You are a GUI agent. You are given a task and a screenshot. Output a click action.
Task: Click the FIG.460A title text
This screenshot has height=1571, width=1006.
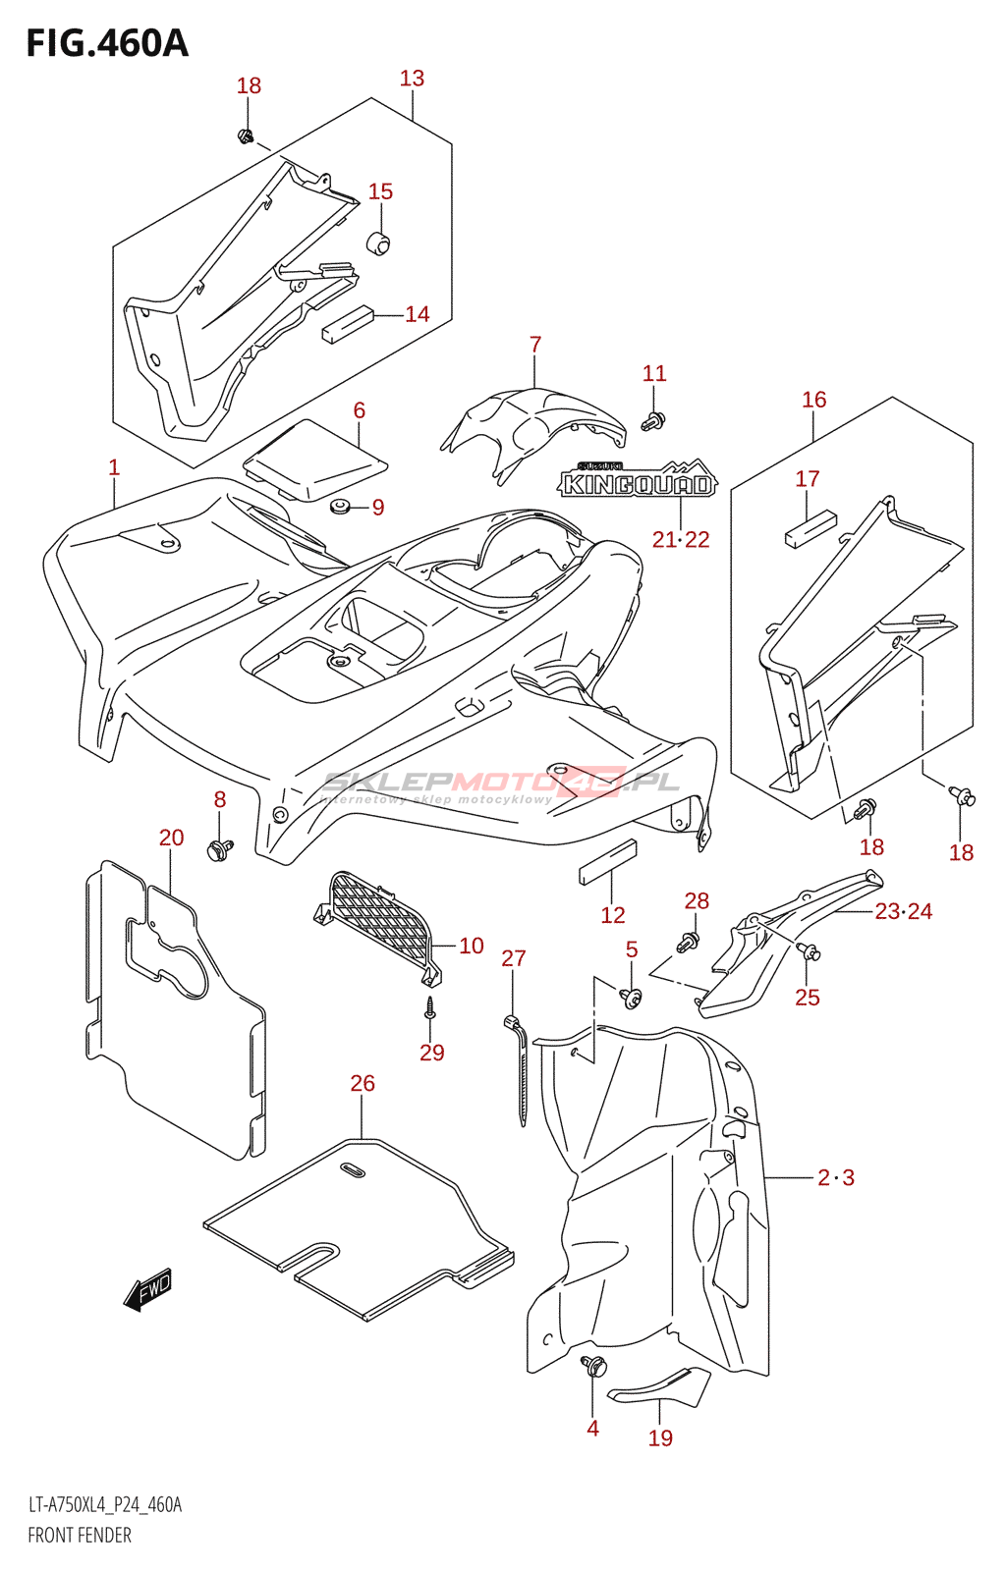[106, 43]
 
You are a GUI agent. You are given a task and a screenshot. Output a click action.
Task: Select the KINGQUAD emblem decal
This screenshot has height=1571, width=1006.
[638, 481]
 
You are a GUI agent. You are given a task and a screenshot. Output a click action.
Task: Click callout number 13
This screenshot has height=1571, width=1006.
[412, 79]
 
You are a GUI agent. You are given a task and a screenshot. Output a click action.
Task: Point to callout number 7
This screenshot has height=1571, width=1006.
[535, 345]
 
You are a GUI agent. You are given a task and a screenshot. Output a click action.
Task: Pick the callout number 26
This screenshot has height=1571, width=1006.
[363, 1083]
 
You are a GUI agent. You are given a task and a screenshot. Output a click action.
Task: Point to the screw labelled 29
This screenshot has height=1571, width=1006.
[429, 1008]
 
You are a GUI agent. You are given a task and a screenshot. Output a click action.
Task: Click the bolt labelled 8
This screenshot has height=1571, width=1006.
[218, 848]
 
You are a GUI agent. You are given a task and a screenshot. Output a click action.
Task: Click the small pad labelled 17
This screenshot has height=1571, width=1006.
[810, 527]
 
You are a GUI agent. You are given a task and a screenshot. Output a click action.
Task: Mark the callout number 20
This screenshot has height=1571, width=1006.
[171, 838]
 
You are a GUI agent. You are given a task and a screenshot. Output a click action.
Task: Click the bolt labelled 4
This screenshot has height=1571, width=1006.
[593, 1366]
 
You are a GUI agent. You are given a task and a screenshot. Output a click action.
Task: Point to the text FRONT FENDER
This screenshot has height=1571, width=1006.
[79, 1535]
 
